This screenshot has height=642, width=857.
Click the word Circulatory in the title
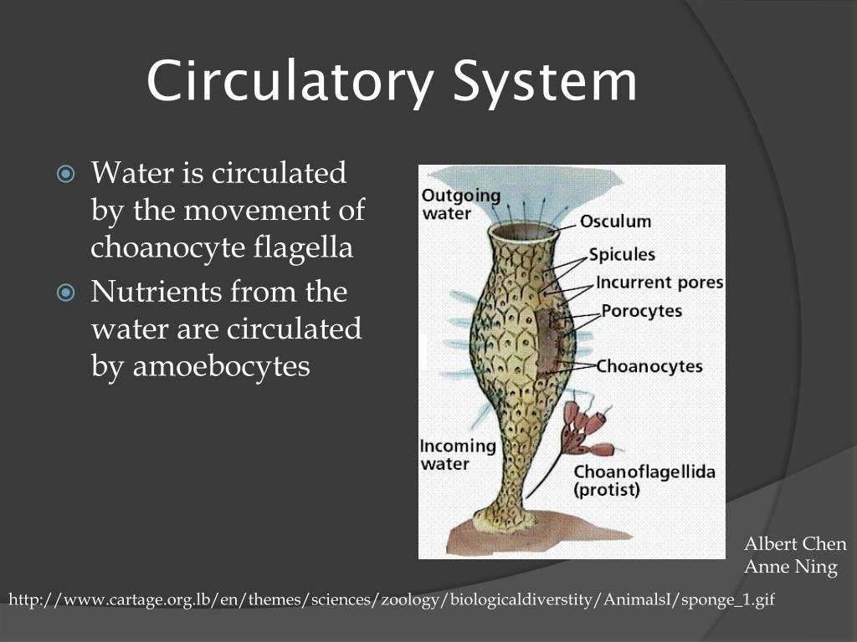[290, 81]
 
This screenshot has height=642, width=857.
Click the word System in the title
[545, 81]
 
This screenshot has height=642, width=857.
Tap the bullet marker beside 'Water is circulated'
[65, 174]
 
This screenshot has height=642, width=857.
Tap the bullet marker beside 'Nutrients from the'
[65, 293]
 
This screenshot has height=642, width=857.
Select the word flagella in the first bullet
[303, 247]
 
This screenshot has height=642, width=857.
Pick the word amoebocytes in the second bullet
[221, 366]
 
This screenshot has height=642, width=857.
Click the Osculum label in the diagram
[615, 221]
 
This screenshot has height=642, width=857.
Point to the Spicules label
[622, 254]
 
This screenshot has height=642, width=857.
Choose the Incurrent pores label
[659, 283]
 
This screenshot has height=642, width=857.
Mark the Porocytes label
[642, 311]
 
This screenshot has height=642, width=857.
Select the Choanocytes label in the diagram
[649, 366]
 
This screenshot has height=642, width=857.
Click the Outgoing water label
[461, 204]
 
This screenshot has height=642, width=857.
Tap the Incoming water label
[458, 455]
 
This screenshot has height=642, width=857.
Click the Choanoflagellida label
[644, 471]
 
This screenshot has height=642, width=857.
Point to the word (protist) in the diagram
[607, 489]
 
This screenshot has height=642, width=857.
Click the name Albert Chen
[795, 543]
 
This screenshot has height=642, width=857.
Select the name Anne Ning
[791, 567]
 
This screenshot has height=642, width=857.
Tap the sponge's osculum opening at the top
[524, 232]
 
